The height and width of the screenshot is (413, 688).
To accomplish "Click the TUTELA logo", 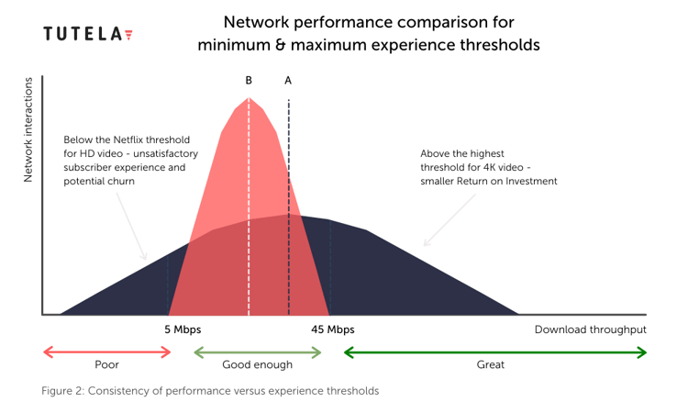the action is [88, 34].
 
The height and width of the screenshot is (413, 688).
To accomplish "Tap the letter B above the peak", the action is [249, 81].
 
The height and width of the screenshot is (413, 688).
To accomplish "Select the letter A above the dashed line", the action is [288, 81].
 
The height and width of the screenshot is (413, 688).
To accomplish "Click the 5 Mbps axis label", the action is [183, 329].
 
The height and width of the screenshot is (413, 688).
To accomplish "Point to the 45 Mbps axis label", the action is [333, 329].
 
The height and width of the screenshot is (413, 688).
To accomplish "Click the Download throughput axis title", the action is [590, 329].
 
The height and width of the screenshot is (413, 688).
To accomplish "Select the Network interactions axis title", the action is [28, 130].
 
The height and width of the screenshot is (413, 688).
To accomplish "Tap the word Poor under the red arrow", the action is [106, 364].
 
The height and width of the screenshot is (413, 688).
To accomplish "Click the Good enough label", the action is [257, 364].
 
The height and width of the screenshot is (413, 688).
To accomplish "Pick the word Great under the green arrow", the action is [490, 364].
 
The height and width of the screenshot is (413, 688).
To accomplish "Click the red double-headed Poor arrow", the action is [107, 352].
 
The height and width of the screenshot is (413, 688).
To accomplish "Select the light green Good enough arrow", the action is [258, 352].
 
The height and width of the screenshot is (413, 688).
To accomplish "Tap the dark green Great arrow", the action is [495, 352].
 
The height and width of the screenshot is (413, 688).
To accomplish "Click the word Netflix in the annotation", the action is [128, 140].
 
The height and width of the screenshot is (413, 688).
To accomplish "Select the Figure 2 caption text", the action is [210, 391].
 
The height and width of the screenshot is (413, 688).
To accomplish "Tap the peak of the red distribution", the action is [249, 97].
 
